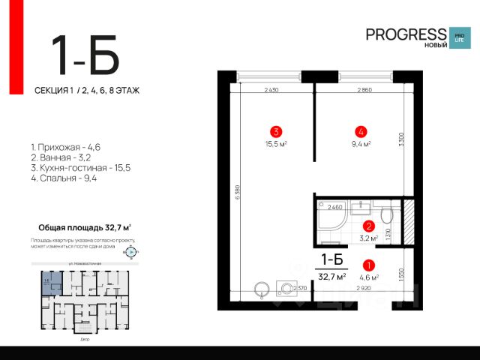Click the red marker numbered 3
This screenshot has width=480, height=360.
[x=277, y=129]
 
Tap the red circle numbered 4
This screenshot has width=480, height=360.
[x=361, y=129]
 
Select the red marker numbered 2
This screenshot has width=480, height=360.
[x=368, y=226]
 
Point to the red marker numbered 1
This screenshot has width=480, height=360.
[x=368, y=265]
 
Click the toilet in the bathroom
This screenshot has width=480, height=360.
[x=386, y=217]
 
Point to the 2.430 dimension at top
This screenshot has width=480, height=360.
[x=271, y=90]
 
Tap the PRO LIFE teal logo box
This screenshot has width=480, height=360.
[x=458, y=37]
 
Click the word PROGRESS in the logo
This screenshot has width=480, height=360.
[x=406, y=34]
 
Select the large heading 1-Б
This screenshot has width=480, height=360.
[x=85, y=55]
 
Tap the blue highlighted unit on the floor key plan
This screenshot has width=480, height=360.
[x=46, y=283]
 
